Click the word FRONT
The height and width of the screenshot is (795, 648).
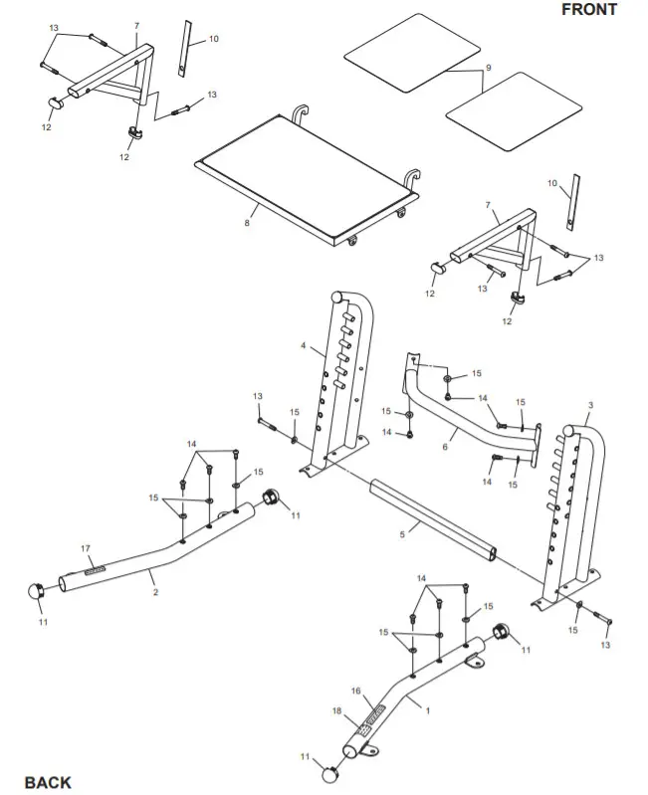pyautogui.click(x=588, y=10)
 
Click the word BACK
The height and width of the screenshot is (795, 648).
pyautogui.click(x=48, y=782)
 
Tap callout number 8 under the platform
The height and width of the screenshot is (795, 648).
pyautogui.click(x=246, y=223)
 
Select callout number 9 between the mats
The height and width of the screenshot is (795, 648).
pyautogui.click(x=488, y=68)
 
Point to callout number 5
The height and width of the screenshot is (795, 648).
pyautogui.click(x=402, y=534)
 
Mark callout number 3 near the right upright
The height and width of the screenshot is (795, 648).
pyautogui.click(x=590, y=405)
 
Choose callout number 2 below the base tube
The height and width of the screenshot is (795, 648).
pyautogui.click(x=155, y=591)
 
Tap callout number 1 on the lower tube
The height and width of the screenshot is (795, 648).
pyautogui.click(x=428, y=711)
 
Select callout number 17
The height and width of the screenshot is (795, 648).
pyautogui.click(x=86, y=548)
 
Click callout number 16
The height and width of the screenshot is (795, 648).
pyautogui.click(x=355, y=690)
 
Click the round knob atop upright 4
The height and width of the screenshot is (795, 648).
pyautogui.click(x=336, y=296)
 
